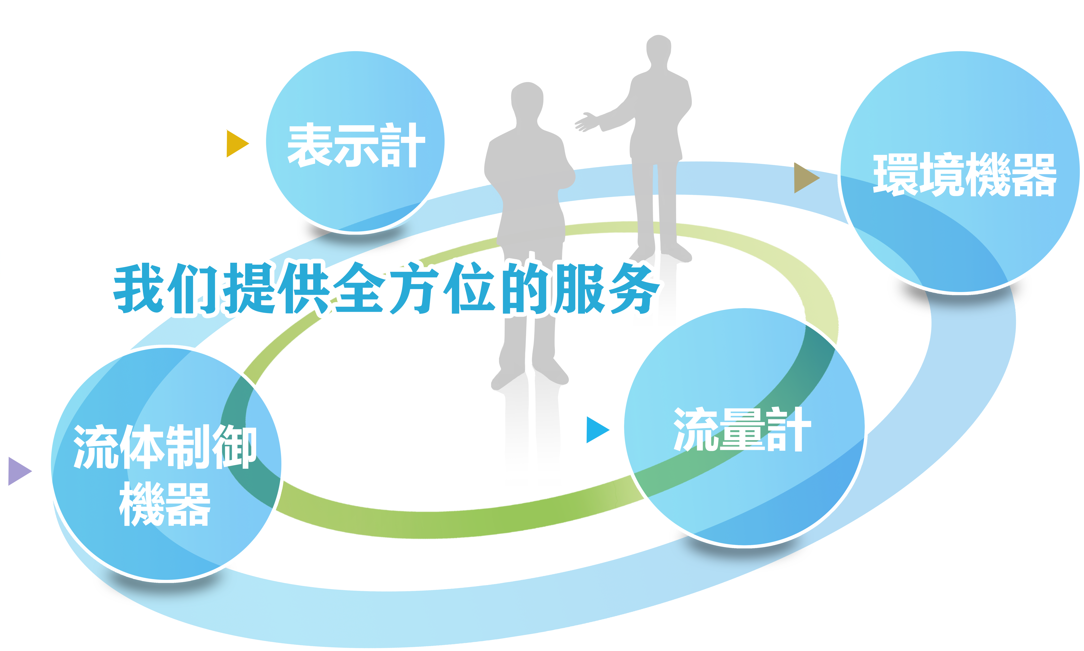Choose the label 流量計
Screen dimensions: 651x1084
click(x=742, y=430)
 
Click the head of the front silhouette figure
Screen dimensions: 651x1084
click(x=527, y=99)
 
